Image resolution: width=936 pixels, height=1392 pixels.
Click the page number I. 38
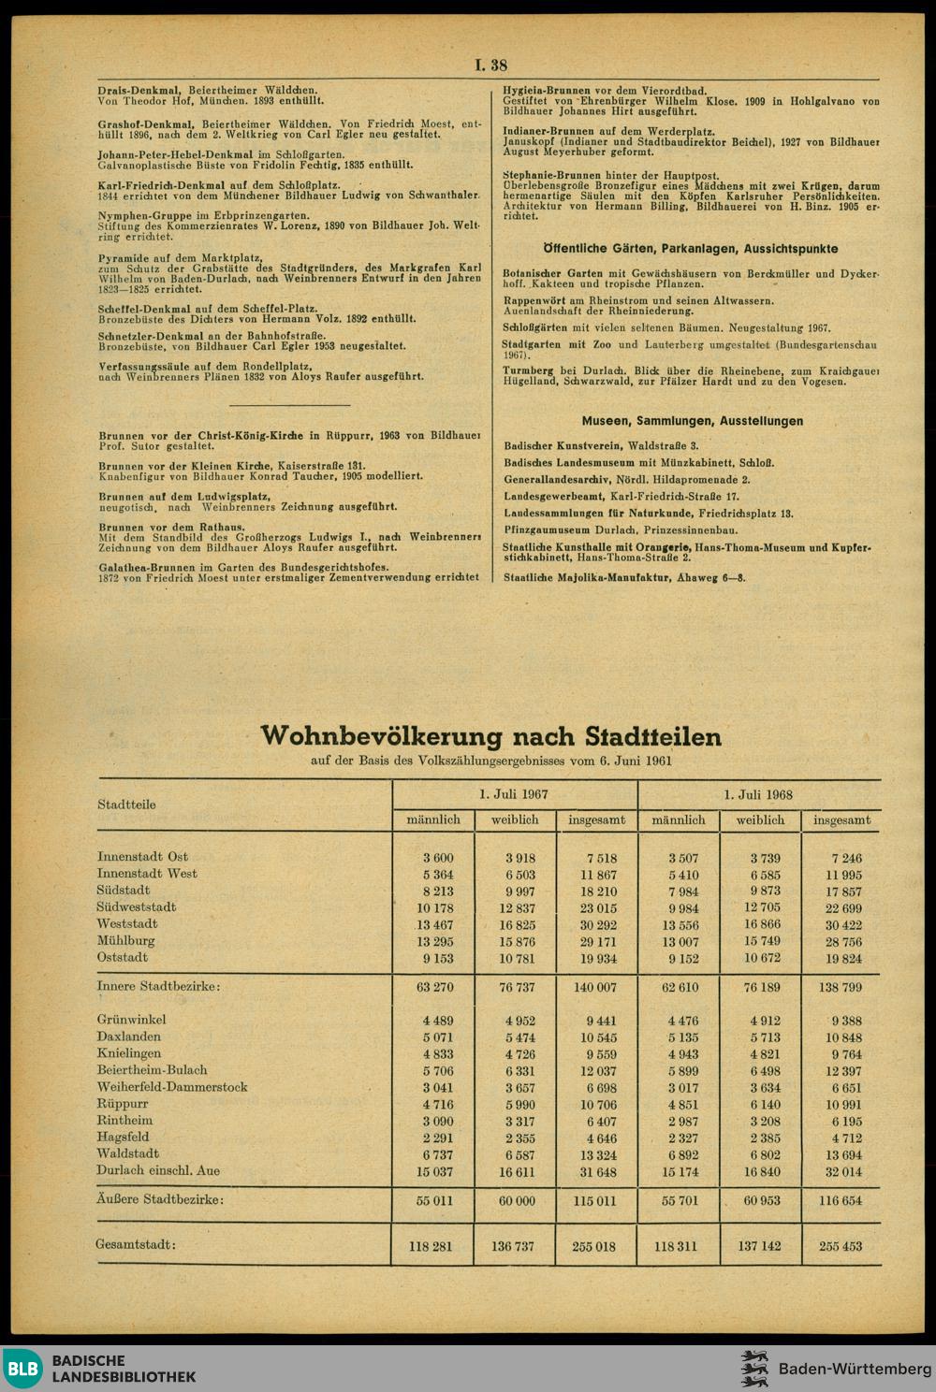(x=491, y=65)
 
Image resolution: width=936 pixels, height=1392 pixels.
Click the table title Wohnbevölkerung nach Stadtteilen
(x=491, y=736)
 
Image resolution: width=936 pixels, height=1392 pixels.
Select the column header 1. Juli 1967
(x=514, y=793)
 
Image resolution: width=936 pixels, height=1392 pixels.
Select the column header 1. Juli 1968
(x=759, y=793)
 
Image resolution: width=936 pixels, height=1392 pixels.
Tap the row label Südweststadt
(x=137, y=907)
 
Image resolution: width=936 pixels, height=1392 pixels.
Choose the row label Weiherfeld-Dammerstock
(x=172, y=1087)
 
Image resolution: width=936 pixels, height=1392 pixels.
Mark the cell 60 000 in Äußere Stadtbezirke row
(x=515, y=1200)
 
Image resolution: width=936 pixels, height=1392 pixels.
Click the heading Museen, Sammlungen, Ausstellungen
(x=692, y=421)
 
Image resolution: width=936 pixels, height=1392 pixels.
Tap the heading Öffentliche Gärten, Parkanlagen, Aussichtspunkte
(x=691, y=249)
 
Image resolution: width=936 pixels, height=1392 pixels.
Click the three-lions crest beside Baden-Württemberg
(x=754, y=1369)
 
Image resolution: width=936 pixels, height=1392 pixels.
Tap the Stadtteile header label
(x=126, y=805)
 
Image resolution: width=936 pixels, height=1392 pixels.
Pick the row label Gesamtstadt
(x=137, y=1245)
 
